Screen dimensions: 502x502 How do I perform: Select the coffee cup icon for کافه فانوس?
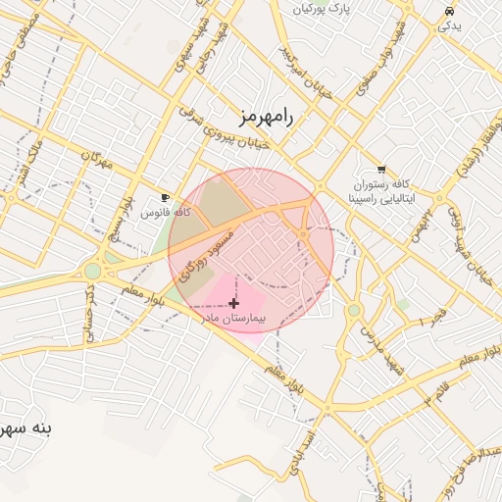[165, 197]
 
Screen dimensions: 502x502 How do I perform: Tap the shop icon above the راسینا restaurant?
[381, 169]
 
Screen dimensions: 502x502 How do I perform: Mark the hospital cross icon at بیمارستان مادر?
[233, 304]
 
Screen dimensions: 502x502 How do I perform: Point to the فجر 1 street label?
[432, 319]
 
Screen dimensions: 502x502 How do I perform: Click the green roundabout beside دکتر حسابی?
[92, 271]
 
